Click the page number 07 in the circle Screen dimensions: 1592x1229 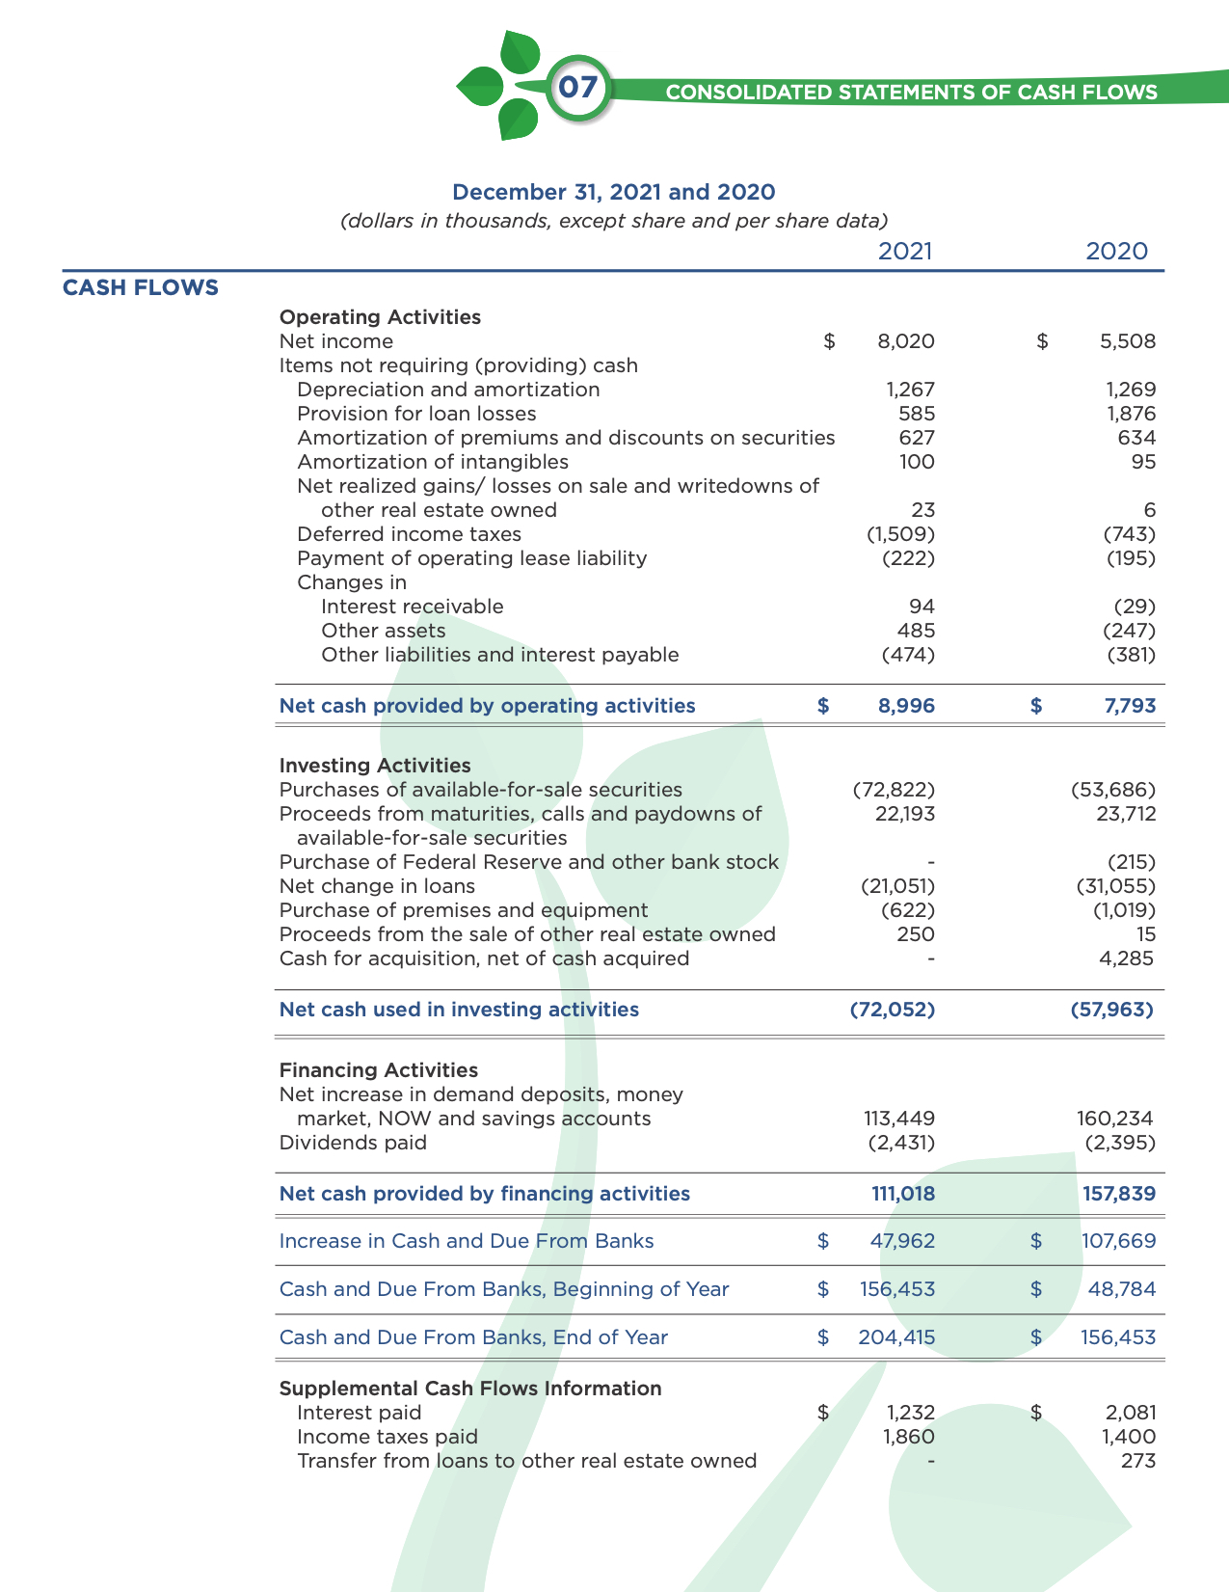click(578, 88)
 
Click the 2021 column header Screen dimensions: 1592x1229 click(905, 252)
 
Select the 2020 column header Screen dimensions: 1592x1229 click(1116, 252)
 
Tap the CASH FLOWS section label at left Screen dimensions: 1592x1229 click(141, 287)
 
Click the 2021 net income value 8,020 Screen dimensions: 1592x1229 click(906, 341)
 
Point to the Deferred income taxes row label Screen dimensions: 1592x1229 click(409, 534)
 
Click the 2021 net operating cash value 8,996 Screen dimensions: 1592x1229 click(906, 706)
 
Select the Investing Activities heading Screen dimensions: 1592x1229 click(375, 766)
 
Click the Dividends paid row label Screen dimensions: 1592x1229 click(352, 1143)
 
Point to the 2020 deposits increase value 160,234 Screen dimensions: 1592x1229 click(1114, 1119)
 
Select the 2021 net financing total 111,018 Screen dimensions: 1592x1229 click(903, 1194)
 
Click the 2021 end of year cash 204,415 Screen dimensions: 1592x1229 click(896, 1337)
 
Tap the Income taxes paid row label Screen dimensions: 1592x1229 click(387, 1437)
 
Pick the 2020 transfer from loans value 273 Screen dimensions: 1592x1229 click(1138, 1461)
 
